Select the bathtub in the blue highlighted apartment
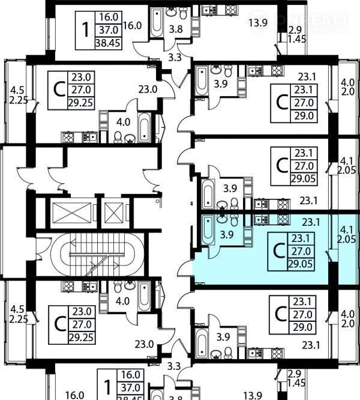(208, 229)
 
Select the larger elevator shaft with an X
(71, 213)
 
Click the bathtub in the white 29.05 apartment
(208, 195)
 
